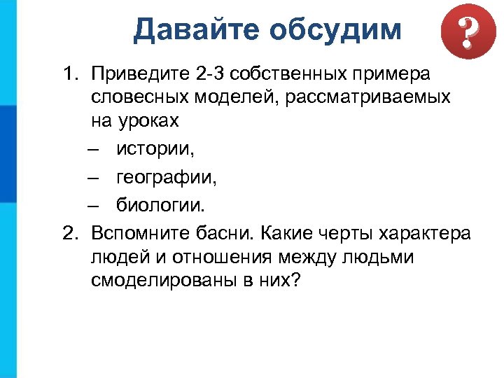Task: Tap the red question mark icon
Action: [x=463, y=33]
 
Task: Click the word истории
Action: [x=155, y=148]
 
